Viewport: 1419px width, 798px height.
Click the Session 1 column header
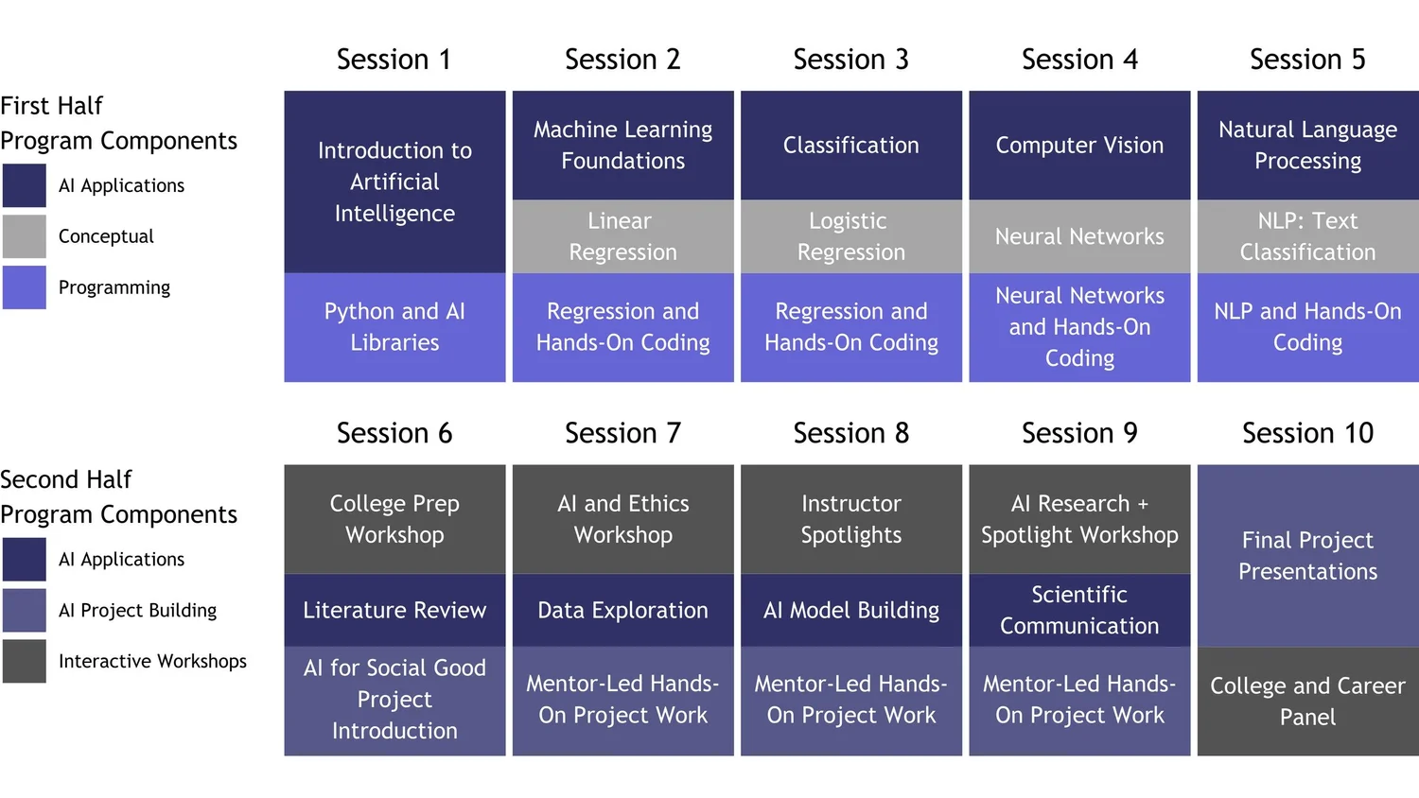tap(394, 60)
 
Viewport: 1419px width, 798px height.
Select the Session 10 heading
tap(1307, 433)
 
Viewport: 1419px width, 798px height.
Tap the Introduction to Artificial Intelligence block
tap(394, 182)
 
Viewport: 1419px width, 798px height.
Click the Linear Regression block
tap(622, 236)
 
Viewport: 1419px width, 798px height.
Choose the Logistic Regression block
tap(850, 236)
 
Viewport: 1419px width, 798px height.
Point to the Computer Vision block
tap(1079, 146)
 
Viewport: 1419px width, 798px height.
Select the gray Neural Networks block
tap(1079, 236)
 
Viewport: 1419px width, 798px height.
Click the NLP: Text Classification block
tap(1307, 236)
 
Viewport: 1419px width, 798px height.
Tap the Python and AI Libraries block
tap(394, 327)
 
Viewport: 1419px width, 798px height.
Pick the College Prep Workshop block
tap(394, 519)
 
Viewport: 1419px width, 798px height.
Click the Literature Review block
tap(394, 611)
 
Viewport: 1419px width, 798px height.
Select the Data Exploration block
tap(622, 611)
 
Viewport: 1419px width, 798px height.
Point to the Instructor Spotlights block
tap(850, 519)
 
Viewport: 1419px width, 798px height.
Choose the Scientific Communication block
tap(1079, 610)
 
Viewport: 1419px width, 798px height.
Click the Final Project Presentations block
tap(1307, 556)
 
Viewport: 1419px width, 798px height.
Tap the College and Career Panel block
tap(1307, 701)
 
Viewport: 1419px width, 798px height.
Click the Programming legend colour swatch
tap(24, 287)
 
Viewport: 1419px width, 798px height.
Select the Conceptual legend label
tap(106, 236)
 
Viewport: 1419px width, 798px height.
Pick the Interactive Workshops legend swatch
tap(24, 661)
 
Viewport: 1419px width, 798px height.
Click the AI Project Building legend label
tap(137, 611)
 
